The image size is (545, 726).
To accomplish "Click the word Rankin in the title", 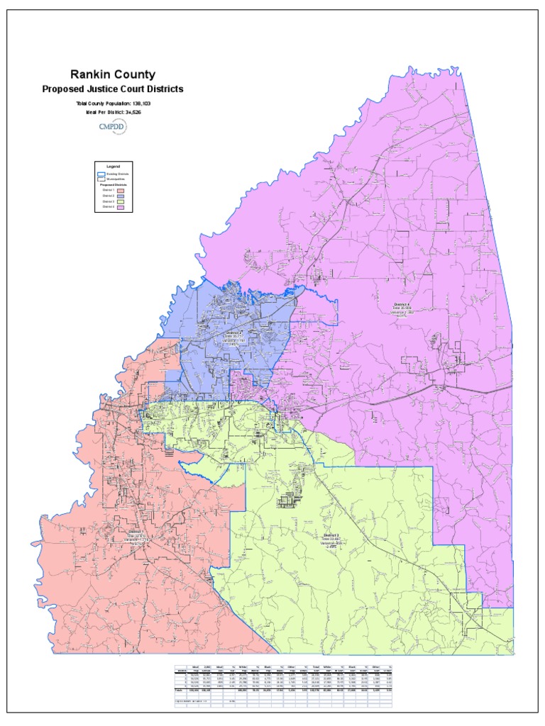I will point(90,74).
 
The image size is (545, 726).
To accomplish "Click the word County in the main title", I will point(134,74).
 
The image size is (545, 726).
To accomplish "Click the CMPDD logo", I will point(112,128).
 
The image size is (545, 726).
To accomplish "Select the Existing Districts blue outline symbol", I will point(100,173).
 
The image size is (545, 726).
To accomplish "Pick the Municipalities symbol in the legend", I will point(100,179).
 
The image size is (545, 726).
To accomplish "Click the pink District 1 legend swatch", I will point(120,190).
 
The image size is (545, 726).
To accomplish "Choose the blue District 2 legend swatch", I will point(120,196).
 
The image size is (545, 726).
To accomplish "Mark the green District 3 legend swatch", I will point(120,202).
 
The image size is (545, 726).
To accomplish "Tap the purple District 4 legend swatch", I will point(120,208).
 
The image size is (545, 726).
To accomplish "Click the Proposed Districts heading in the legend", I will point(114,184).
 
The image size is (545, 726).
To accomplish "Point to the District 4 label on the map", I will point(402,304).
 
